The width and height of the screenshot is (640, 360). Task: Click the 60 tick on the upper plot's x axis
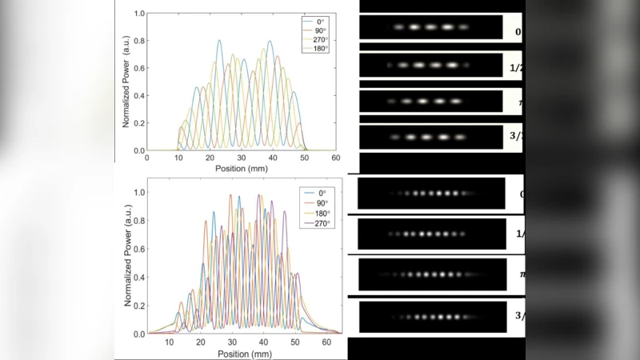[x=336, y=159]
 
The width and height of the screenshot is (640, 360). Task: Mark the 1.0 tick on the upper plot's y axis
[x=138, y=14]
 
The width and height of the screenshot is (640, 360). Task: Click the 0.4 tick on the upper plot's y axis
[x=138, y=96]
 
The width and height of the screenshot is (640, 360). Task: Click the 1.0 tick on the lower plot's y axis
[x=138, y=193]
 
